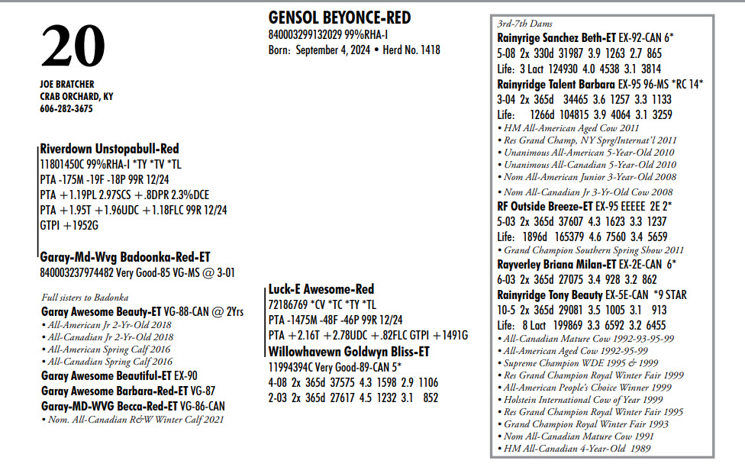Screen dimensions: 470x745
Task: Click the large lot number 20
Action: point(73,47)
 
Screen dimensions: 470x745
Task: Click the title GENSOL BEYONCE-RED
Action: point(340,18)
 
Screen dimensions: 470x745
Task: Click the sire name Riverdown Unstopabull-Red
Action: point(110,149)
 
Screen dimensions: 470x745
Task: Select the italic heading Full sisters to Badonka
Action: point(85,298)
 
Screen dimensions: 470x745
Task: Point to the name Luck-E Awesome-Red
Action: point(321,289)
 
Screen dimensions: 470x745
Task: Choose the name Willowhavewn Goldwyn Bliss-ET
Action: point(349,352)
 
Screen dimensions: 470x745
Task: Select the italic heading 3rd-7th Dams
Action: point(525,24)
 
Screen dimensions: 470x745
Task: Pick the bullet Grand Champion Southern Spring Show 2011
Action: point(594,250)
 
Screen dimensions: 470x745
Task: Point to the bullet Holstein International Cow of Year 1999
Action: point(583,399)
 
